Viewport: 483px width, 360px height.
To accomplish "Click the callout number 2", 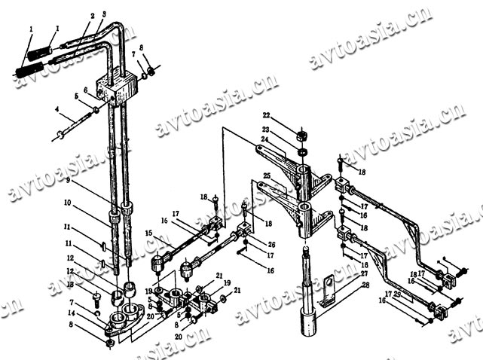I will click(x=91, y=15).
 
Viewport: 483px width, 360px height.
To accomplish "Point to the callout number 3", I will click(x=103, y=15).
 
